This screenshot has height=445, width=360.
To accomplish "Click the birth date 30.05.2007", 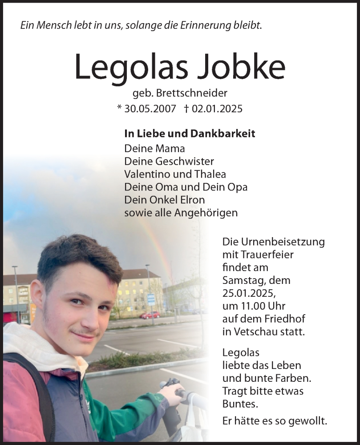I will [x=150, y=109].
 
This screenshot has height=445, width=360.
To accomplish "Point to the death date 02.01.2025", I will [x=217, y=109].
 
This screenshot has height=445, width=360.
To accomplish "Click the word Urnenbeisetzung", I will [x=274, y=242].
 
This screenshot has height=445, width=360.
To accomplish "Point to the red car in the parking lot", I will [x=150, y=315].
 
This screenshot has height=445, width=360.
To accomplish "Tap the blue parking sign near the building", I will [x=151, y=299].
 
